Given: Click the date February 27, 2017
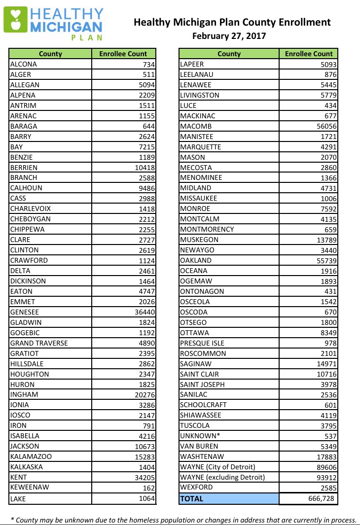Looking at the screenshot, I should tap(229, 36).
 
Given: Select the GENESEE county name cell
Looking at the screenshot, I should tap(25, 312).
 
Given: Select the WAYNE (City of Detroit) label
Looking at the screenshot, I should tap(217, 467).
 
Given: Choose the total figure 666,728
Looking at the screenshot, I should tap(321, 498).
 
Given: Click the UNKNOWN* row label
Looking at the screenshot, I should tap(199, 436).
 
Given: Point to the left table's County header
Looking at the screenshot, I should tap(50, 54).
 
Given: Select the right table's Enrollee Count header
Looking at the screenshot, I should tap(309, 54).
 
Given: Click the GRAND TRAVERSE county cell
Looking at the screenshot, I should tap(39, 343).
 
